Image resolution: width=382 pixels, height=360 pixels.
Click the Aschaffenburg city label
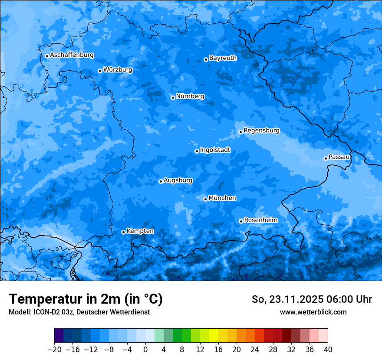tap(72, 55)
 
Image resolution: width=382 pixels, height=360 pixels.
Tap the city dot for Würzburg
tap(100, 71)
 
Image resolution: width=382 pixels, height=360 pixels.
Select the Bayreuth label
tap(223, 58)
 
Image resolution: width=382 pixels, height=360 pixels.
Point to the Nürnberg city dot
tap(173, 98)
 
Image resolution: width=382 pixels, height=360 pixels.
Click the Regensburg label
tap(261, 130)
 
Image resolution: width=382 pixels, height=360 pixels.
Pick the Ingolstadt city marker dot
tap(197, 151)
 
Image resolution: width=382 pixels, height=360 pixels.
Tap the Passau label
tap(339, 157)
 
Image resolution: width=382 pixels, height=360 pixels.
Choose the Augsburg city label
tap(178, 180)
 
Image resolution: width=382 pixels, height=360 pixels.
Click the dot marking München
tap(205, 199)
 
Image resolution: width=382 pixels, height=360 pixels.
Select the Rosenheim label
tap(260, 220)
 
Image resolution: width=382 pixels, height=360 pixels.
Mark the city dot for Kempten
tap(123, 232)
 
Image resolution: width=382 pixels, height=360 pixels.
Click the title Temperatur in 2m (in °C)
tap(86, 299)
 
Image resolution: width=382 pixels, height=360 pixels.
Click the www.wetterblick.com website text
tap(313, 312)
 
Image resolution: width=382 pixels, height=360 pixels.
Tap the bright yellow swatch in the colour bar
tap(214, 336)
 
